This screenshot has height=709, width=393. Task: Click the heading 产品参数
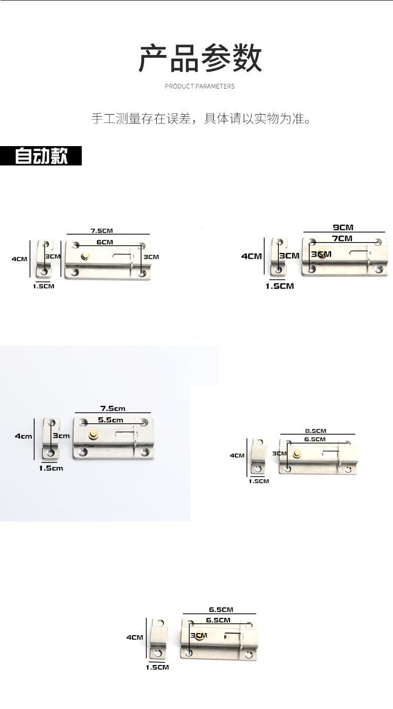[200, 58]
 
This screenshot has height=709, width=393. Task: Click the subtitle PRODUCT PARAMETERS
[200, 86]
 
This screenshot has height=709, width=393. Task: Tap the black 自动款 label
[41, 156]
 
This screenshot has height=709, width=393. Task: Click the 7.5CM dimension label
[102, 231]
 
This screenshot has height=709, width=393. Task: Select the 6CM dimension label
[105, 242]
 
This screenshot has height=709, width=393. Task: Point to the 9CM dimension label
[343, 227]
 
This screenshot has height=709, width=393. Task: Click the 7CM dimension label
[342, 238]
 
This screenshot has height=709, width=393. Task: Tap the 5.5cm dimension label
[111, 420]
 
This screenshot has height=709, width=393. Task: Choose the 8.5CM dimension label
[316, 431]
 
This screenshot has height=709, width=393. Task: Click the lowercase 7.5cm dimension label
[113, 408]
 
